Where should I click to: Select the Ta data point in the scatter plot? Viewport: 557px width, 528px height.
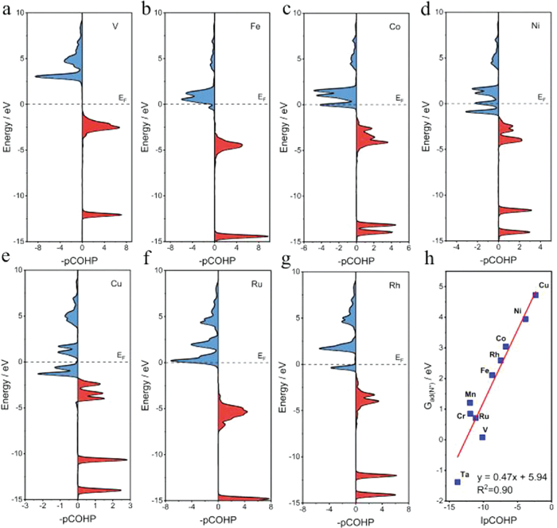click(458, 482)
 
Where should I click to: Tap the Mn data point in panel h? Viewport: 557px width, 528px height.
click(470, 402)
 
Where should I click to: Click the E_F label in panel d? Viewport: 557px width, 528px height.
click(542, 97)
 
